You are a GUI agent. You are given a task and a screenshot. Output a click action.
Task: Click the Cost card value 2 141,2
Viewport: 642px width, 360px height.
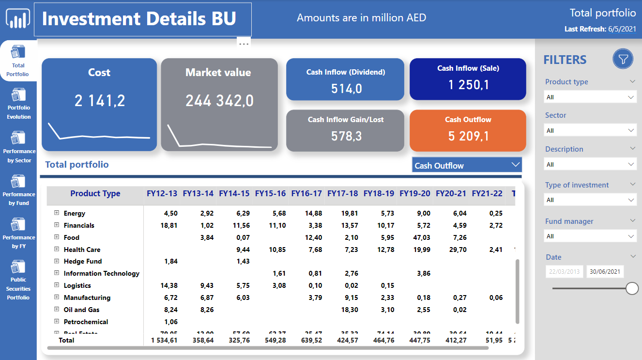pos(99,101)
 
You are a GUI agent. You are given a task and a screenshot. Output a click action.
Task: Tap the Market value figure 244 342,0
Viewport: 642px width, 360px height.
pos(219,101)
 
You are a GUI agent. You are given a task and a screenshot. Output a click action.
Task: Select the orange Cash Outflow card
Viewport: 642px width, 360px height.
pos(468,130)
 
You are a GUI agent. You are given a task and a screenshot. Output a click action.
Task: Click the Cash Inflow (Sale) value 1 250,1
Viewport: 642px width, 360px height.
pos(468,85)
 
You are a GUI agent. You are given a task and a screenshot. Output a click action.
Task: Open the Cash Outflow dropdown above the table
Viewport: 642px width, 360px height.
pos(467,165)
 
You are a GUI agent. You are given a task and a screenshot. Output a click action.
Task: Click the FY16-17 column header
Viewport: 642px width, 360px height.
pos(306,193)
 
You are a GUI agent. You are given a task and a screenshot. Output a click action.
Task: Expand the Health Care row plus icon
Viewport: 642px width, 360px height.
pos(57,250)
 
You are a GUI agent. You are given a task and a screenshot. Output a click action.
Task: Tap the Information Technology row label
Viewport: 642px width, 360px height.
pos(101,273)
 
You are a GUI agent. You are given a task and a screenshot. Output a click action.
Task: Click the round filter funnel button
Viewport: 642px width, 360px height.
pos(623,59)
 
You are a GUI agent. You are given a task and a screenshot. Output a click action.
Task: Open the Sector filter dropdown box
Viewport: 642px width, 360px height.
pos(590,130)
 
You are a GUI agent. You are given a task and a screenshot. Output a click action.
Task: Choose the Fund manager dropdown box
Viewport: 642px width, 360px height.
pos(590,236)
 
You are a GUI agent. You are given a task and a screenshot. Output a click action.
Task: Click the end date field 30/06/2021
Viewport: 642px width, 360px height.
pos(605,272)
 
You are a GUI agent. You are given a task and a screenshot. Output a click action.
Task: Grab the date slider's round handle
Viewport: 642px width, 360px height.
pos(632,288)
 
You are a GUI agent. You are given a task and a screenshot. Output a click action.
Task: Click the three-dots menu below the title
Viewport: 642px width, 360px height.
pos(244,44)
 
